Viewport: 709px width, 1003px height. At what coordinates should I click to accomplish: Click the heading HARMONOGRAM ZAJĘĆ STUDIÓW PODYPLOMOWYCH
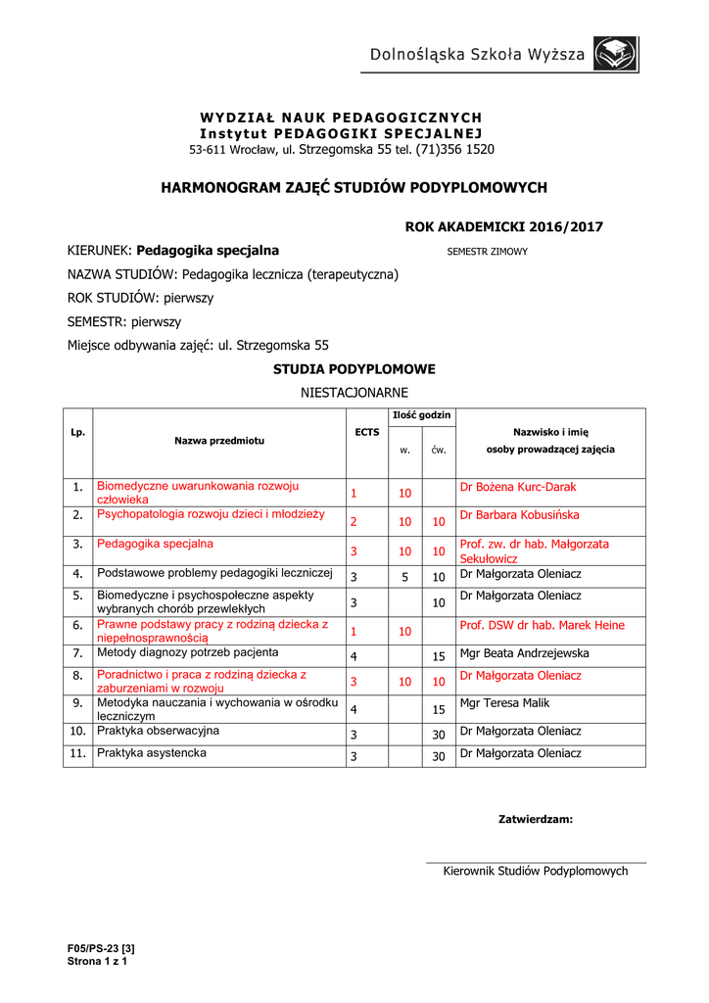pos(354,187)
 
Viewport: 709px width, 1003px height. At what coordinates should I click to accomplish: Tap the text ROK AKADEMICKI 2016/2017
pos(504,227)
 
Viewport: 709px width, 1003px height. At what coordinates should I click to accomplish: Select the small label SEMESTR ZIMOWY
pos(487,252)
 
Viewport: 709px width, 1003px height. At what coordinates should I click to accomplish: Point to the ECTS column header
pos(367,432)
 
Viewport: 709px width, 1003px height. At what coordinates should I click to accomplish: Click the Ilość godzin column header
pos(421,415)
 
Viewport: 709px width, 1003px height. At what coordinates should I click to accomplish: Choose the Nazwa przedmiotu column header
pos(219,441)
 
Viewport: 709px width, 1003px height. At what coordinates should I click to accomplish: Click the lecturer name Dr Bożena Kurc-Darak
pos(518,487)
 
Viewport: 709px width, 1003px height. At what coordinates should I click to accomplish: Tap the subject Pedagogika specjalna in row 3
pos(155,543)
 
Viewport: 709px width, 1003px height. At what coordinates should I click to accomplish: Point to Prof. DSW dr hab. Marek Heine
pos(542,625)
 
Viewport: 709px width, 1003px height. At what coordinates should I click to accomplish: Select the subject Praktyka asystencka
pos(152,753)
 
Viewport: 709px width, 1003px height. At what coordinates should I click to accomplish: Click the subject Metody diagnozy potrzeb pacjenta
pos(188,651)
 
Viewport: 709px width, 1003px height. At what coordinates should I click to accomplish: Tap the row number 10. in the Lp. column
pos(77,731)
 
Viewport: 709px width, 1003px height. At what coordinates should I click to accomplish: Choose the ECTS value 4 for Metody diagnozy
pos(354,655)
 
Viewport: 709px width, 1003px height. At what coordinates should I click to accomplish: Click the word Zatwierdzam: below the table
pos(536,819)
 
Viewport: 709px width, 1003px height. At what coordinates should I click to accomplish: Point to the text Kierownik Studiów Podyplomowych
pos(536,871)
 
